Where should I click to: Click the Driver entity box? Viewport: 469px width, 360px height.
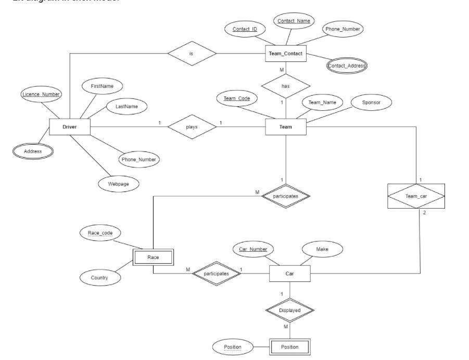70,127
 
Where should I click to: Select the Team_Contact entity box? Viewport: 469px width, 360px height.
285,54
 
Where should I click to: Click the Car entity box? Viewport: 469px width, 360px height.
290,274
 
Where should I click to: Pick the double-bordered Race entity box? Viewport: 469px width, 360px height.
153,257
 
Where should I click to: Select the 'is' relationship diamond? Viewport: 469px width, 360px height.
192,53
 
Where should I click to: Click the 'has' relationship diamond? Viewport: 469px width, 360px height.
285,86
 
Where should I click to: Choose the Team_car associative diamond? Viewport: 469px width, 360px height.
416,196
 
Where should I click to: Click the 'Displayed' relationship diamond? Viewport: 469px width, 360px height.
290,310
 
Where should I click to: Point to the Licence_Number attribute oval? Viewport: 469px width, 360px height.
41,94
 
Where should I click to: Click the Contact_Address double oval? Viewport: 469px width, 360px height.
347,66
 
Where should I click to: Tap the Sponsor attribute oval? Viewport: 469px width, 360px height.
371,103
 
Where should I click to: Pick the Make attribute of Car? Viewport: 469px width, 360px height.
322,250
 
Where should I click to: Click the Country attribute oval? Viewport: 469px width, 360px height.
99,278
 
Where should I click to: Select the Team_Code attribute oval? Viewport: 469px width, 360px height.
237,98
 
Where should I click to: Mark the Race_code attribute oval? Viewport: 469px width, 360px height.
101,233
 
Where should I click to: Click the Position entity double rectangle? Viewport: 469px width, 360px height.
290,346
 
